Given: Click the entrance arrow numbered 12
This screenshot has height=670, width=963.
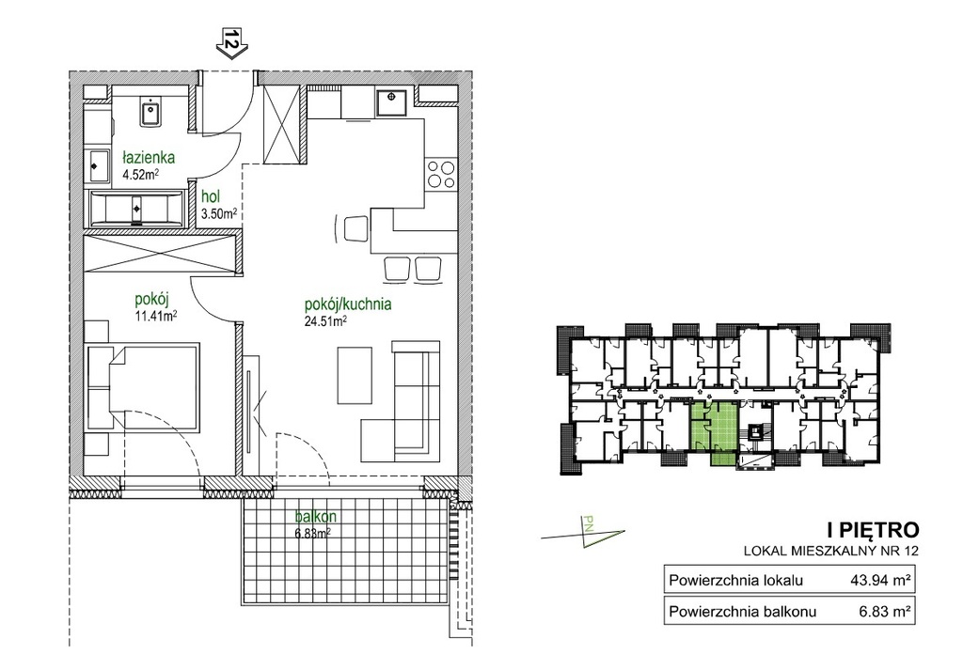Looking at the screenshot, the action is click(231, 44).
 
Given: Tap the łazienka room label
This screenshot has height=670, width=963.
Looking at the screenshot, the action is click(148, 157).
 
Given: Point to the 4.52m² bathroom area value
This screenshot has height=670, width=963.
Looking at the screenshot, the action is click(141, 174).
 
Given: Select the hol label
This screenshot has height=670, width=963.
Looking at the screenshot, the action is click(211, 197).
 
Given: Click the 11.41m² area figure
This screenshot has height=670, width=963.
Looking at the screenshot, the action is click(156, 316).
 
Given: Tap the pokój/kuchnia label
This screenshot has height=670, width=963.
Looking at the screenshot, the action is click(348, 304).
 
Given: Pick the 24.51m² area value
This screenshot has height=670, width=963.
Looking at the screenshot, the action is click(325, 320).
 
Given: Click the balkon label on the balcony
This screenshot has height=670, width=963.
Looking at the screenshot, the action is click(315, 517).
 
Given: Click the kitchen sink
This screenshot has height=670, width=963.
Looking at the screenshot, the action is click(390, 101).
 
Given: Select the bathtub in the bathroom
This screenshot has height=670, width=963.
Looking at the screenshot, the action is click(136, 209).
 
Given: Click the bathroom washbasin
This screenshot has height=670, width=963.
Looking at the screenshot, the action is click(150, 114).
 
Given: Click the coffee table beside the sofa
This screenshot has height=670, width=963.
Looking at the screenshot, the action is click(355, 375).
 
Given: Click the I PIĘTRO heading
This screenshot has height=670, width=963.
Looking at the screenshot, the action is click(873, 529).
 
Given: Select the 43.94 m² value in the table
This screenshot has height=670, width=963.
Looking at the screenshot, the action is click(879, 580).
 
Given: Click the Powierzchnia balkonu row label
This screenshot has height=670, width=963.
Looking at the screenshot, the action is click(743, 612).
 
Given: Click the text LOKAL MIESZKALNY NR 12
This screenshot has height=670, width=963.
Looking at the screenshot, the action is click(831, 551).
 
